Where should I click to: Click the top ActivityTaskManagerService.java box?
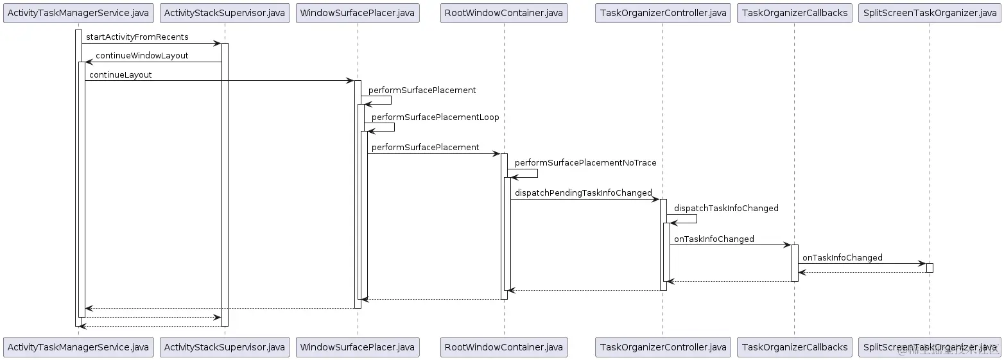point(78,13)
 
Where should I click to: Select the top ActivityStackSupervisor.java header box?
point(225,13)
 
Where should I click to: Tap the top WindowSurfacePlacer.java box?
point(358,13)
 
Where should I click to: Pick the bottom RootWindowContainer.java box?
point(504,347)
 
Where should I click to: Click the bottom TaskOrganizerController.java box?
point(663,347)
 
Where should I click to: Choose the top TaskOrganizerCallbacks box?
point(795,13)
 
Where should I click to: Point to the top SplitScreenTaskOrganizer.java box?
point(930,13)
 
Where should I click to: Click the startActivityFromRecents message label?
point(137,37)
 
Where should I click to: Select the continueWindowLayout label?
point(142,56)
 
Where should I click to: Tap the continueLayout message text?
point(121,75)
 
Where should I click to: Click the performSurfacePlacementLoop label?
point(435,117)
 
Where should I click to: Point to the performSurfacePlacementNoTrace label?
point(585,163)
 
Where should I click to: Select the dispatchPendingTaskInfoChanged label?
point(583,193)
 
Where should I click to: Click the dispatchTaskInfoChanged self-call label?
point(726,209)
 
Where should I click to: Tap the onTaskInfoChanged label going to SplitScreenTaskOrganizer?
point(842,258)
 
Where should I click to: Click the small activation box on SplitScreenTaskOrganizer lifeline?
point(930,268)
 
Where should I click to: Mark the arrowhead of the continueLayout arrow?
point(350,81)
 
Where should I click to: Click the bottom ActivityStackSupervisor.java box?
point(225,347)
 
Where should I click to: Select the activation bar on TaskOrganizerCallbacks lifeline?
point(795,262)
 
